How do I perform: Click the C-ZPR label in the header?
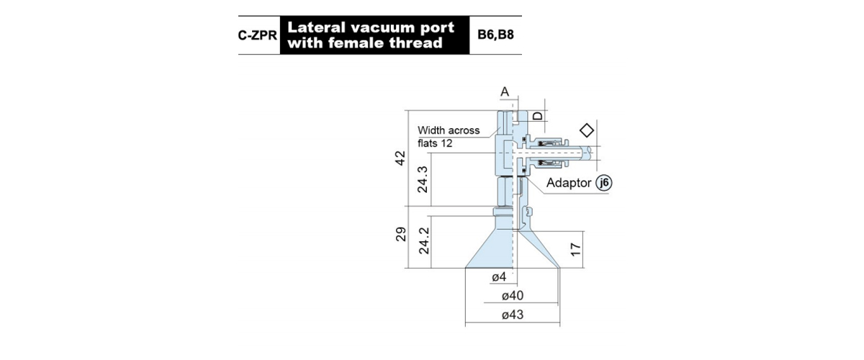(257, 35)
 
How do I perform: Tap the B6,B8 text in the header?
(495, 35)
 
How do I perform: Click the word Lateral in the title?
(316, 27)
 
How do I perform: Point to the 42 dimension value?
(400, 158)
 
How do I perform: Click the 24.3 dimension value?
(423, 179)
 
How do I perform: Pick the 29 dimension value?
(401, 234)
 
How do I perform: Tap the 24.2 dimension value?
(423, 240)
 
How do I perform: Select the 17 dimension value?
(575, 249)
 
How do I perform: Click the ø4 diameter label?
(499, 276)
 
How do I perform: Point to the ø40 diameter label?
(512, 296)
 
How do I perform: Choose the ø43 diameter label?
(512, 315)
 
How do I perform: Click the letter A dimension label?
(505, 92)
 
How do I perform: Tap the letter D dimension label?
(538, 116)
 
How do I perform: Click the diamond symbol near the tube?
(587, 130)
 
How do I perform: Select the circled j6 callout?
(603, 182)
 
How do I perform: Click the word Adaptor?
(569, 183)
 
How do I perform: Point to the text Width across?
(449, 130)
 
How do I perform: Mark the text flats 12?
(435, 143)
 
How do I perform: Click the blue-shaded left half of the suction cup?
(492, 251)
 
